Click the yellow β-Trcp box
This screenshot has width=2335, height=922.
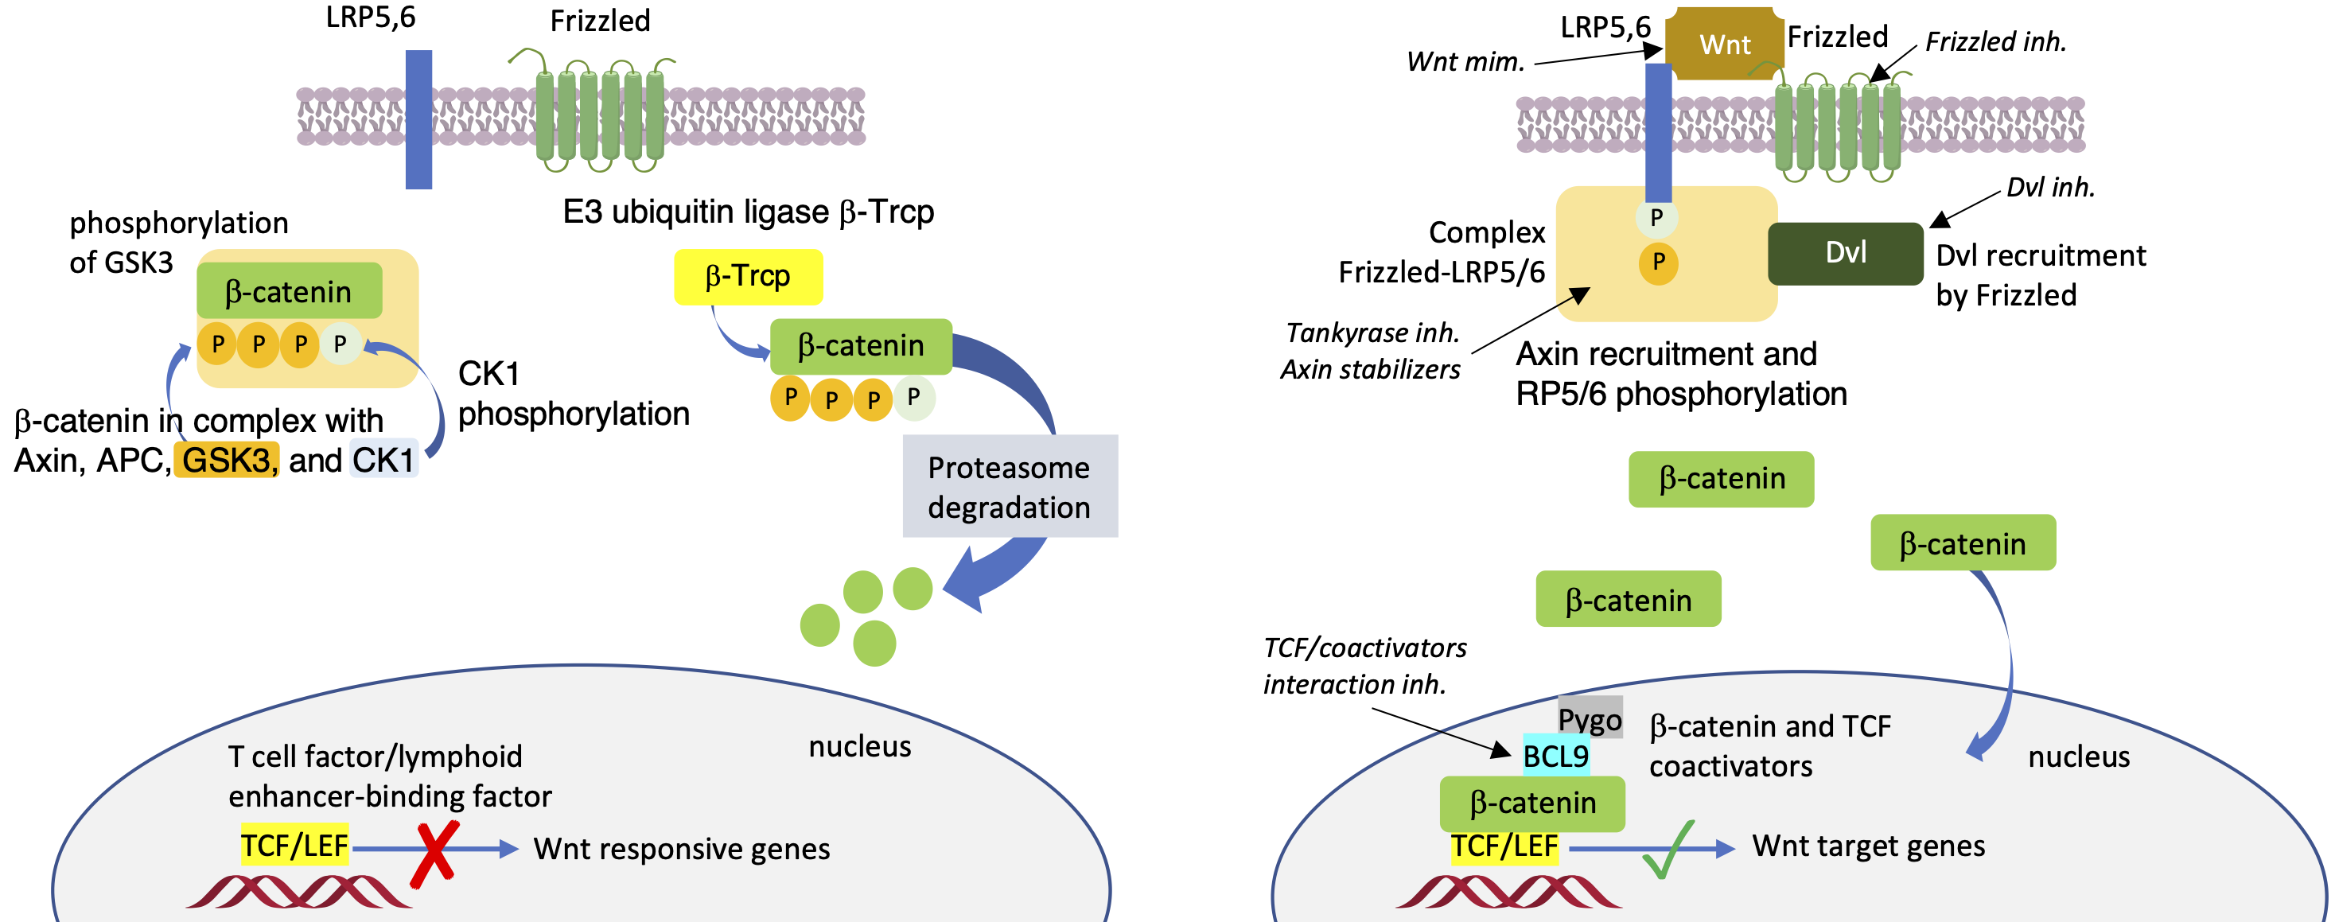(x=748, y=277)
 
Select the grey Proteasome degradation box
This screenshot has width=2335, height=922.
(x=1009, y=487)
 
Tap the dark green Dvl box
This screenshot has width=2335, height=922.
(x=1845, y=253)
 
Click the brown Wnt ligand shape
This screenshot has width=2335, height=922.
(x=1724, y=44)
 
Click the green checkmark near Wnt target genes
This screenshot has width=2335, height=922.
(x=1670, y=850)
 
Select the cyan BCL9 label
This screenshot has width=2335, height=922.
(x=1555, y=755)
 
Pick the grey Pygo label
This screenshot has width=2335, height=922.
(x=1590, y=718)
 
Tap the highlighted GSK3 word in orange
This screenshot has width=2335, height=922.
(x=227, y=460)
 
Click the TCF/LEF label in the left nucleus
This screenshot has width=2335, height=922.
(x=294, y=845)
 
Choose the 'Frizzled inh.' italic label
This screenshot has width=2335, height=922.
(x=1995, y=41)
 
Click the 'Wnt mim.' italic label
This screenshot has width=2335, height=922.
(x=1465, y=61)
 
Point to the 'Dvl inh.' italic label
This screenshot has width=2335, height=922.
(x=2050, y=187)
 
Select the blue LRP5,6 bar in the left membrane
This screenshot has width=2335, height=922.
(x=418, y=119)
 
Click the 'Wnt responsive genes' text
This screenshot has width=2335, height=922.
(x=682, y=849)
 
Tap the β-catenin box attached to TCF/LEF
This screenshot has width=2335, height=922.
(x=1532, y=803)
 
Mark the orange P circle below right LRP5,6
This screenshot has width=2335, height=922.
(x=1658, y=263)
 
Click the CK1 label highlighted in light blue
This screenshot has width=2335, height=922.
(x=383, y=460)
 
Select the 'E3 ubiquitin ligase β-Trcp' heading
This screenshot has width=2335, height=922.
(x=748, y=212)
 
